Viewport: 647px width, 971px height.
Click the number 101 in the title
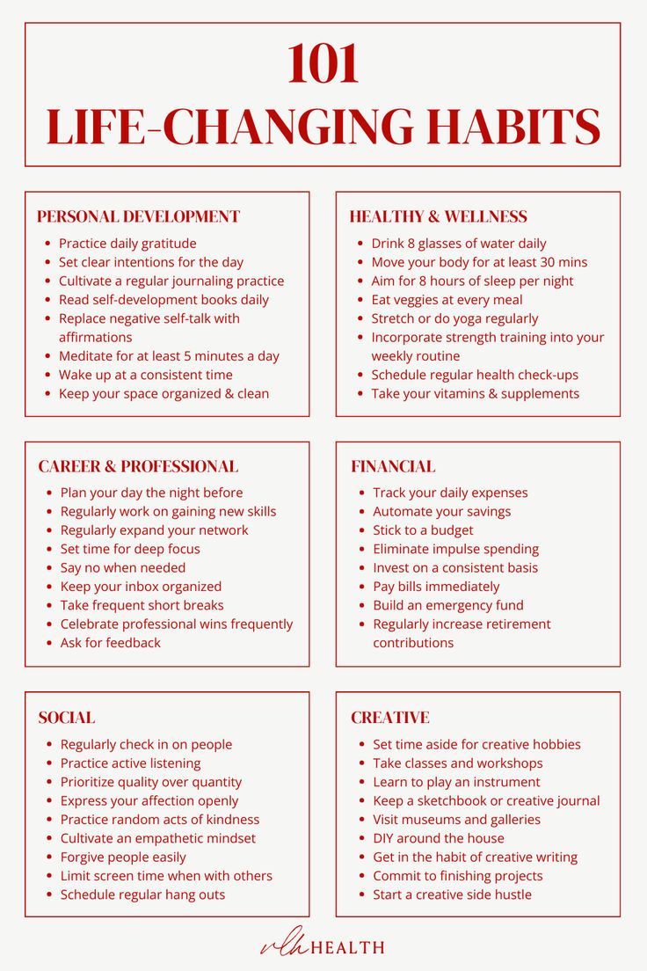click(323, 65)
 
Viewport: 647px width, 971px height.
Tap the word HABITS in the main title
click(514, 127)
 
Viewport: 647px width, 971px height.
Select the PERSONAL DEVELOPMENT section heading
click(138, 216)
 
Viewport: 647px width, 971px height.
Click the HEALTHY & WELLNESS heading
click(438, 216)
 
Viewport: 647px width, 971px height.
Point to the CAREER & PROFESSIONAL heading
click(138, 466)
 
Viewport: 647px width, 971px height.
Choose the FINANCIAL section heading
click(393, 466)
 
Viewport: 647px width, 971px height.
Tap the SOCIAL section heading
click(67, 718)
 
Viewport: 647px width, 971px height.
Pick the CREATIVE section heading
click(390, 718)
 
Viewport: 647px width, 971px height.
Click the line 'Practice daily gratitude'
click(127, 244)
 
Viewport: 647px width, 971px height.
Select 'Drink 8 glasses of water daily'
click(459, 244)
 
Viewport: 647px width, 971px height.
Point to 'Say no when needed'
click(123, 568)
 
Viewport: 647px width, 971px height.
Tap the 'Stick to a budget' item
click(423, 530)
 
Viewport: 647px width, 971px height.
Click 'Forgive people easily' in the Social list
click(123, 858)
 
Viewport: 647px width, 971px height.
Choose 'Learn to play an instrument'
click(456, 782)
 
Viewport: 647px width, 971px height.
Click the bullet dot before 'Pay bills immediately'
click(361, 588)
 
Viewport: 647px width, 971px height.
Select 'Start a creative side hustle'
click(452, 895)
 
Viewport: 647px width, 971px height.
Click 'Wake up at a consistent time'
click(146, 375)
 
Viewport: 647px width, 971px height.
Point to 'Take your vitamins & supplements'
click(475, 394)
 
